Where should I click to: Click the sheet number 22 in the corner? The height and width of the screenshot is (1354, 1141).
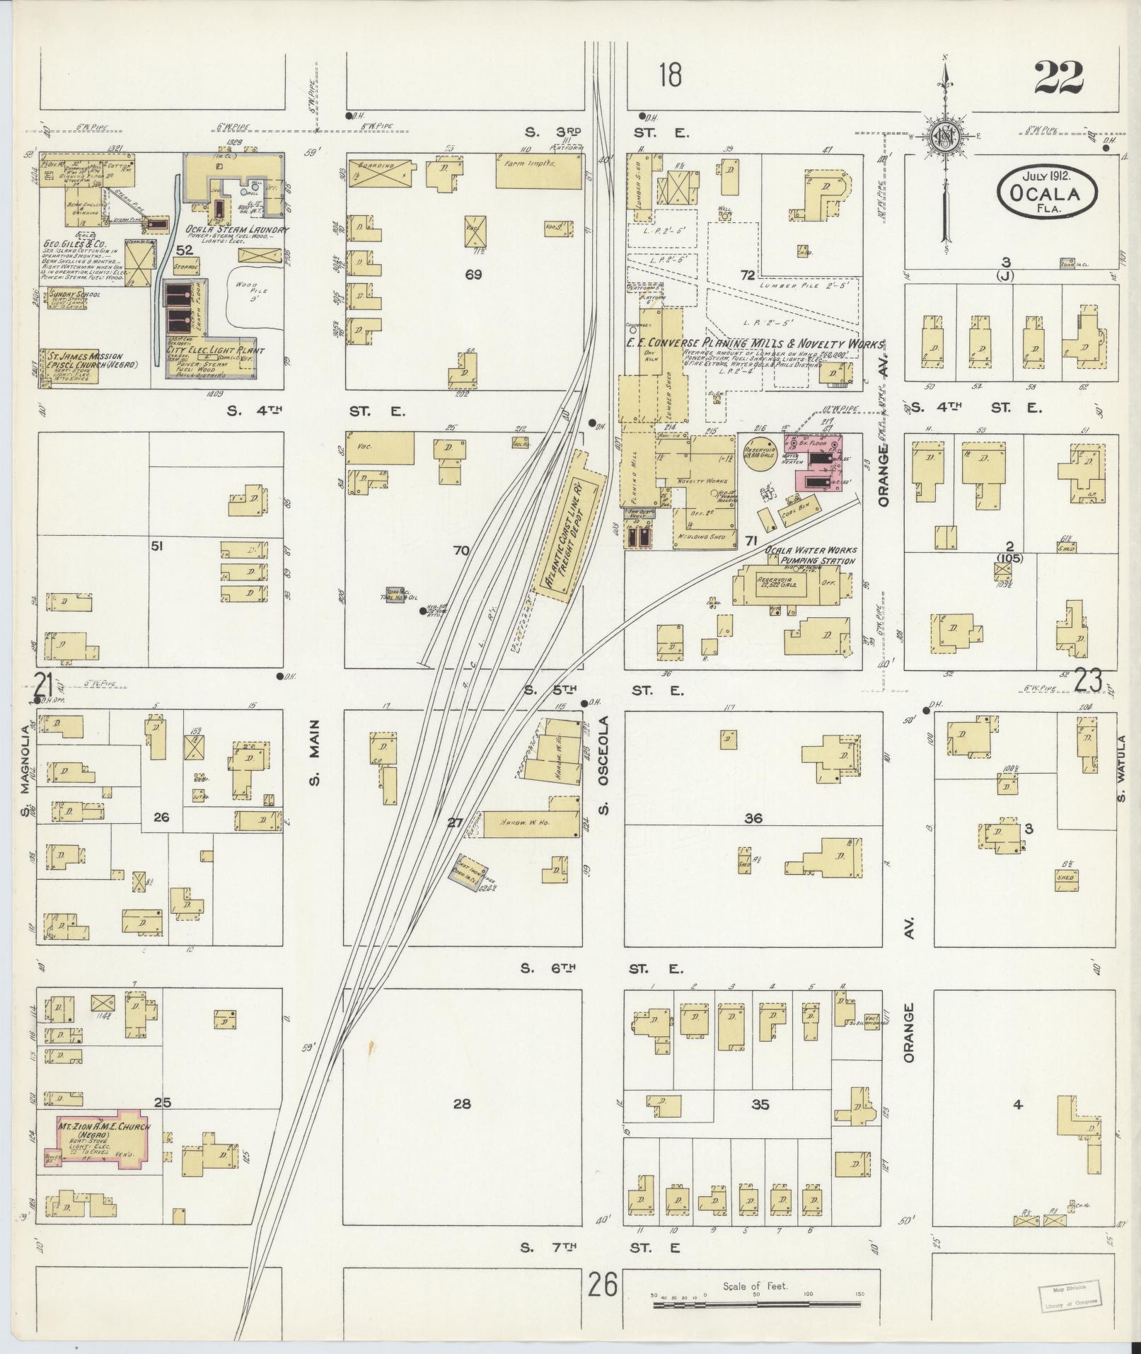1058,78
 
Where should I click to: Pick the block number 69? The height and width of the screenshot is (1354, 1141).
473,275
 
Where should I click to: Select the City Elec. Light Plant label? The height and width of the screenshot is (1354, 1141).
215,350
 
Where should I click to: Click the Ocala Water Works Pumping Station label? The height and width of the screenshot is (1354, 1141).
811,555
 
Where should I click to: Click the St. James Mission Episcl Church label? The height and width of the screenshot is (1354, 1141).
88,360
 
